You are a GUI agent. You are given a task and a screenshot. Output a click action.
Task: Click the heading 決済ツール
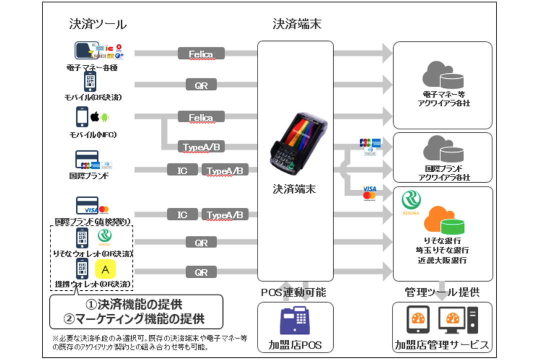click(98, 23)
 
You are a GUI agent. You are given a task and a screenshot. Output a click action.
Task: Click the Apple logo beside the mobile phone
click(93, 117)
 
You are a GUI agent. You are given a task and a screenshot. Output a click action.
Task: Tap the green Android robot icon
click(104, 118)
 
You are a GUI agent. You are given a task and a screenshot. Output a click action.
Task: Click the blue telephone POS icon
click(295, 320)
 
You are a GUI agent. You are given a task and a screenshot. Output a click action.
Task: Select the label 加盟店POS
click(295, 344)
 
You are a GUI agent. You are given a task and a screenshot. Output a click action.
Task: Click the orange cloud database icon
click(442, 219)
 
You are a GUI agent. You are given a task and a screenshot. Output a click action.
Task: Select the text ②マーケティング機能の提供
click(136, 318)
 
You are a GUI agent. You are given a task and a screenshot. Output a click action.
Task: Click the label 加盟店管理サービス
click(442, 344)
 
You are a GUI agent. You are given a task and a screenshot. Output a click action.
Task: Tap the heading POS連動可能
click(295, 291)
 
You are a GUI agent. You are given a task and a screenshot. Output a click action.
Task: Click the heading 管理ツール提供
click(442, 291)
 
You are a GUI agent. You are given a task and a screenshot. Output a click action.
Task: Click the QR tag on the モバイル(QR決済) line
click(201, 85)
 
